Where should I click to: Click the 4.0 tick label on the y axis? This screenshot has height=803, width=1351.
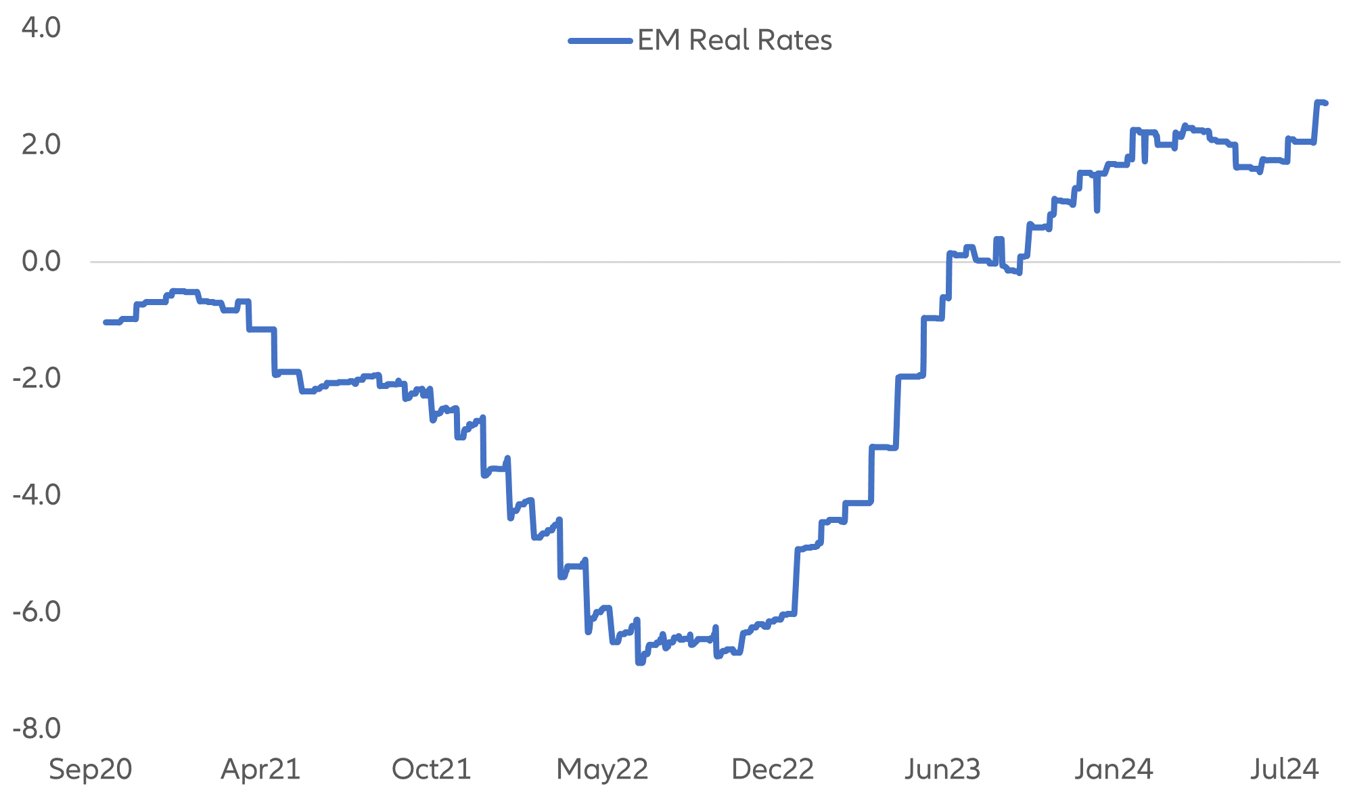[x=41, y=28]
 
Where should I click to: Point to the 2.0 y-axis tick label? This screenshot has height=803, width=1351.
[x=41, y=145]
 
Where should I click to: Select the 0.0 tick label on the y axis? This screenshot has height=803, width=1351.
[x=41, y=262]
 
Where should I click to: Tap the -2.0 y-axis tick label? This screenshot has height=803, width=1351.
[x=37, y=379]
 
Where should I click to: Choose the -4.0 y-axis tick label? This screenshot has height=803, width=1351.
[x=37, y=495]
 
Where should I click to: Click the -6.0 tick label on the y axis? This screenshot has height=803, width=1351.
[x=37, y=612]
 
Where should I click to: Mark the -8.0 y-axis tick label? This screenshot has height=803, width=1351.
[x=37, y=729]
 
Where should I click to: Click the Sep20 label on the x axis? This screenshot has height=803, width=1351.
[x=91, y=770]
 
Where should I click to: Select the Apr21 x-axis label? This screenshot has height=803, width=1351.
[x=260, y=770]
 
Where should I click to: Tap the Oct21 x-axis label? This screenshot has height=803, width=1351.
[x=432, y=770]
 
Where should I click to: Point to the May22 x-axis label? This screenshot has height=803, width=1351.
[x=602, y=770]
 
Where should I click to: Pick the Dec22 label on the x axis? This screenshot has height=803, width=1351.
[x=773, y=770]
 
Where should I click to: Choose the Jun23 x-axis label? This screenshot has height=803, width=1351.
[x=943, y=770]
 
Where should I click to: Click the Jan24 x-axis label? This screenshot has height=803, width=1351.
[x=1114, y=770]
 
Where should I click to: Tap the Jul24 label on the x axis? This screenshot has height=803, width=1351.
[x=1285, y=770]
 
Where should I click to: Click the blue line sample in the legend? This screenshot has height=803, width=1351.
[x=600, y=41]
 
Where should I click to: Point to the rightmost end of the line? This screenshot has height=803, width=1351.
[x=1326, y=103]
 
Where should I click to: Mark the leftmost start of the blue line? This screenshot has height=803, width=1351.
[x=106, y=322]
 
